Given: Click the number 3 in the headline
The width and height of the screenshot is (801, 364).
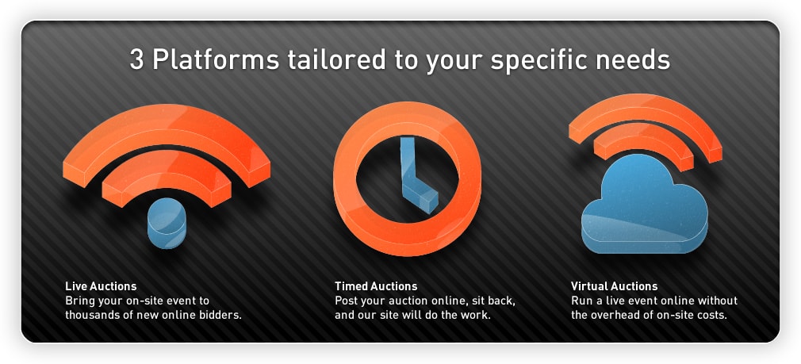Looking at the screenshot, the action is [x=137, y=59].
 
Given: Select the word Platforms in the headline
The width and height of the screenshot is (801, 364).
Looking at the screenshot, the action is [x=216, y=59].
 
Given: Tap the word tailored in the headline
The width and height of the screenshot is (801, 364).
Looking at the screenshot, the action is [x=336, y=59].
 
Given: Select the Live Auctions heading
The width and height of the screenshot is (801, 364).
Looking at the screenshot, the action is [x=101, y=286].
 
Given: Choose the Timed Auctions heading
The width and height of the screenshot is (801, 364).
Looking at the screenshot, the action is [x=376, y=286].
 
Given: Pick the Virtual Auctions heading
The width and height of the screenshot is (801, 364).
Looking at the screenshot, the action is [x=614, y=286].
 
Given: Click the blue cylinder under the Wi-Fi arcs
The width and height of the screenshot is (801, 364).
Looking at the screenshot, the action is [x=167, y=223].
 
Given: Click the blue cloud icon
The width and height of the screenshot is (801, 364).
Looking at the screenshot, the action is [x=645, y=207].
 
